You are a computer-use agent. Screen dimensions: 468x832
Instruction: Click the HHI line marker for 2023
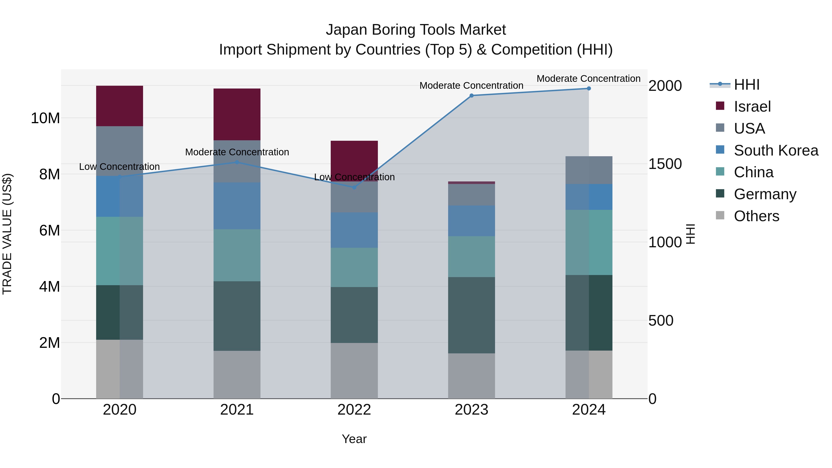click(471, 96)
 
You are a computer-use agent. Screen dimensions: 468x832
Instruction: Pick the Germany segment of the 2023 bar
click(471, 315)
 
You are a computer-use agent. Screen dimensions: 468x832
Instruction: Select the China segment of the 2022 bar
click(354, 267)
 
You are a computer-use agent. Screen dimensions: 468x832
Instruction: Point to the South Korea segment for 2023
click(471, 221)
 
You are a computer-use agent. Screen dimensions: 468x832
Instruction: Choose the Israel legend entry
click(752, 107)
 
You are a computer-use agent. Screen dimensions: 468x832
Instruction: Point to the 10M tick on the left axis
click(46, 118)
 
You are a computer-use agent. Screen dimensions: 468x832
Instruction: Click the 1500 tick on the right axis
click(665, 164)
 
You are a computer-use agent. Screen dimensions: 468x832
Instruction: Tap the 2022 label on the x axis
click(354, 410)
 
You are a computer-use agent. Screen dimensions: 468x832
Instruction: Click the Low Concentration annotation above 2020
click(119, 167)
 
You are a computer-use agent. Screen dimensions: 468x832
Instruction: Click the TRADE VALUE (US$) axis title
click(7, 234)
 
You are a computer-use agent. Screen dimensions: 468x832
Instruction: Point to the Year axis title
click(354, 439)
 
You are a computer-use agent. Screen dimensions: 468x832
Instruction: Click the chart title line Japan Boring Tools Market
click(416, 30)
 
